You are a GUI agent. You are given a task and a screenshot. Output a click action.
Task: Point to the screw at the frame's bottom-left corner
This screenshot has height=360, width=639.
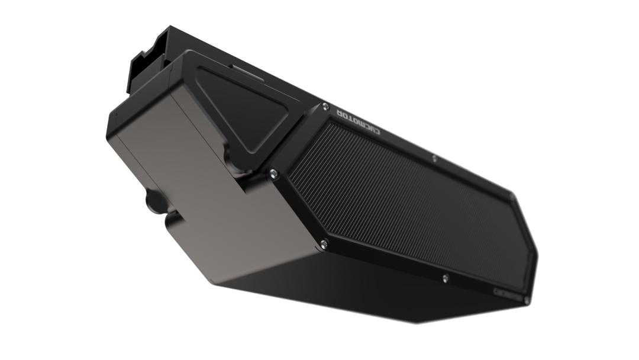[x=323, y=241]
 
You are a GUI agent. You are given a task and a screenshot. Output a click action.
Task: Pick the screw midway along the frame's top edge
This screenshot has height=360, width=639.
[x=434, y=159]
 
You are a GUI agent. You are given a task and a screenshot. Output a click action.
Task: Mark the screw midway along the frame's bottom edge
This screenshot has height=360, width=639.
[x=444, y=275]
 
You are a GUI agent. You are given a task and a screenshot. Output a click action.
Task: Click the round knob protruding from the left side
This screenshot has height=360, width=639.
[x=153, y=203]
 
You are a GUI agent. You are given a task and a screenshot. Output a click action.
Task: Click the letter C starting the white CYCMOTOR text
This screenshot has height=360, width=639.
[x=373, y=135]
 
